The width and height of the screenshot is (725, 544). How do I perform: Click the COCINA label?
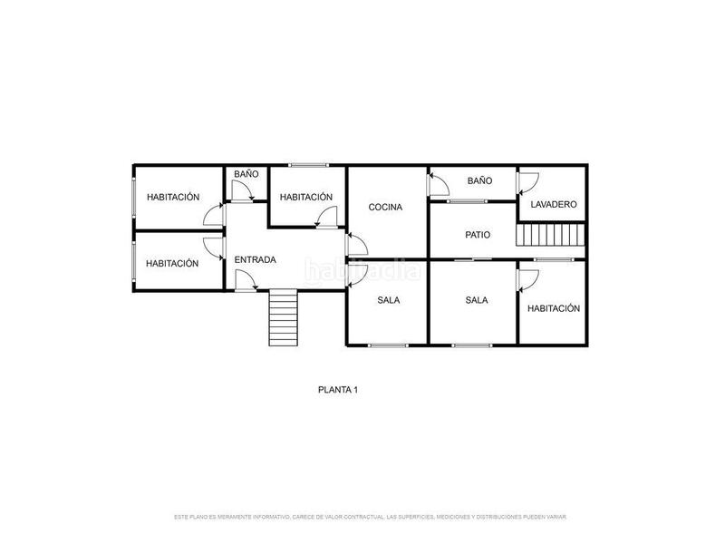pos(385,208)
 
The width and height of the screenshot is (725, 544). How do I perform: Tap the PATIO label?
pos(478,235)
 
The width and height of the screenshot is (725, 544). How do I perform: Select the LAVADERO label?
pos(554,205)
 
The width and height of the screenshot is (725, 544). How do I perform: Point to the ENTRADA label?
pos(255,260)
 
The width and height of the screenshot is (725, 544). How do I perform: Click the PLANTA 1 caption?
pos(338,390)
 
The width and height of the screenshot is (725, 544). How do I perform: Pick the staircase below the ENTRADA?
pos(283,317)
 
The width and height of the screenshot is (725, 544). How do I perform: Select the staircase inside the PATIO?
pos(547,236)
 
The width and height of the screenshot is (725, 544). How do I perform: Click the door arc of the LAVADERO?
pos(526,181)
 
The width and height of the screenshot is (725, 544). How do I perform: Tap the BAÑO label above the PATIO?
pos(479,181)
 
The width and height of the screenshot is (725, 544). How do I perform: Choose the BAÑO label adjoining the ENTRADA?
pos(246,173)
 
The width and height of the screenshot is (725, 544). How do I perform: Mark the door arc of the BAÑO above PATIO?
pos(439,185)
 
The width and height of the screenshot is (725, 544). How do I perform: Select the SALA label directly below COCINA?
pos(389,300)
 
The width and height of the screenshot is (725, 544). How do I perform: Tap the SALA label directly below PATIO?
pos(477,300)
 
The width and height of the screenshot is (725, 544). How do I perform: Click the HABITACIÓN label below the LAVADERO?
pos(553,308)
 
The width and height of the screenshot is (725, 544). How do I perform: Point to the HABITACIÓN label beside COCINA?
pos(306,197)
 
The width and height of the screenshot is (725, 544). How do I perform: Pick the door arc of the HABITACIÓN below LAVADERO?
pos(526,279)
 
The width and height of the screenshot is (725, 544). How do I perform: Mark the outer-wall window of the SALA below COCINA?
pos(389,345)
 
